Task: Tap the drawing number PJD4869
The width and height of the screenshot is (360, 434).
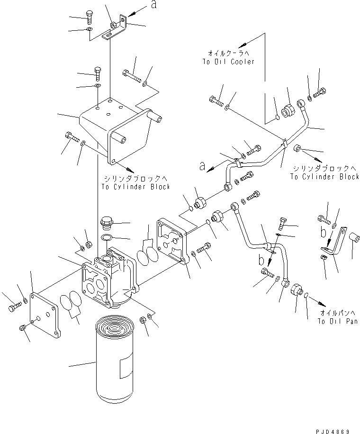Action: pyautogui.click(x=333, y=431)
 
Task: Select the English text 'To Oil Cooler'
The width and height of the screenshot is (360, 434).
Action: pyautogui.click(x=228, y=62)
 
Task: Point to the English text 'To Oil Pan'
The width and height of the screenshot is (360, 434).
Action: pyautogui.click(x=337, y=321)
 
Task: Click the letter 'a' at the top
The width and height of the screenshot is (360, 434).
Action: pyautogui.click(x=154, y=4)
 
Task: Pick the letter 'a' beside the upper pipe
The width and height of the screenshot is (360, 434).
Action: pyautogui.click(x=203, y=166)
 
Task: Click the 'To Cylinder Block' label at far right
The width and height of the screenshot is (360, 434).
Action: pyautogui.click(x=324, y=176)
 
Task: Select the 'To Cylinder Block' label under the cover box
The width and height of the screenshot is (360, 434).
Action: pyautogui.click(x=135, y=187)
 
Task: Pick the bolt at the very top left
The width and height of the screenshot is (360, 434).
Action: pyautogui.click(x=89, y=18)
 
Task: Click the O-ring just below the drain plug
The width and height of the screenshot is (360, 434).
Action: pyautogui.click(x=106, y=237)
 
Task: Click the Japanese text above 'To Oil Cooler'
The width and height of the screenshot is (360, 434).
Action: pyautogui.click(x=229, y=53)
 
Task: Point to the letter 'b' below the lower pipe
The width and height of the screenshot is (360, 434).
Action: pyautogui.click(x=261, y=260)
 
